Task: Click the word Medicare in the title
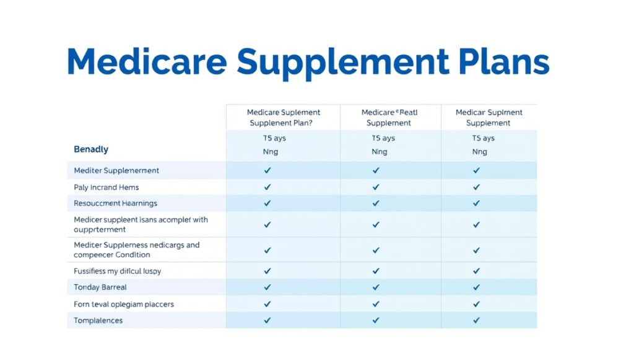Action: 146,62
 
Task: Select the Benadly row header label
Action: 91,149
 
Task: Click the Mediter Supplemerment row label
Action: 116,170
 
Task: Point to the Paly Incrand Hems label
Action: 106,187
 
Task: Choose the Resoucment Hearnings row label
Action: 116,203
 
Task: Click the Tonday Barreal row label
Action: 100,288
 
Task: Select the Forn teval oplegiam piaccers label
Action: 124,304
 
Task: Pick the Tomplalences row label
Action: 98,320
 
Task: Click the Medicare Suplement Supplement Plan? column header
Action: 284,118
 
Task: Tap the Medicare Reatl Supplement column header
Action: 389,118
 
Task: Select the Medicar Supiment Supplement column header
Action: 489,118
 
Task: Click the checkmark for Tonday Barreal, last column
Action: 476,288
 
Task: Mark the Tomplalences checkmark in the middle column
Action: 375,320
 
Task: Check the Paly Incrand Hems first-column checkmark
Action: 267,187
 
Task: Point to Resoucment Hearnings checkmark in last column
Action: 476,203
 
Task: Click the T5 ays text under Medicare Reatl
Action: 383,138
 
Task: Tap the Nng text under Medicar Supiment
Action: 480,152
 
